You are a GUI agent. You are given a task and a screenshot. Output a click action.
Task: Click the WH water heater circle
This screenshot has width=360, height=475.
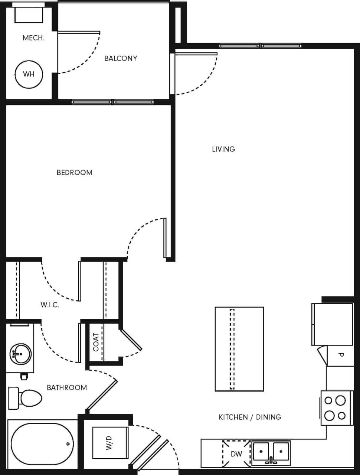point(29,74)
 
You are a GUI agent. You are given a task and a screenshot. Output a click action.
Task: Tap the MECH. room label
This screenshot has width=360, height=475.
point(33,38)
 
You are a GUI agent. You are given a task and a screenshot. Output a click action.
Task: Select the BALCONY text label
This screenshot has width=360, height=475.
point(121,58)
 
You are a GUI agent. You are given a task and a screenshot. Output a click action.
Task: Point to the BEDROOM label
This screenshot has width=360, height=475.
point(74,173)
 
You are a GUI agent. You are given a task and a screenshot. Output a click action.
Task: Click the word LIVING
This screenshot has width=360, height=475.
point(223,149)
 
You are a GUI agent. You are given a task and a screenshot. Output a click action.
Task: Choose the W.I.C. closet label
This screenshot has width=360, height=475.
point(50,305)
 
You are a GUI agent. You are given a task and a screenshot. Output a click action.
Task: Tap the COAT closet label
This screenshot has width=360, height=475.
point(96,342)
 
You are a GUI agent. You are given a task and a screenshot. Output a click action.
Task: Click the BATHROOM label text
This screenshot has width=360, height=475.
point(67,387)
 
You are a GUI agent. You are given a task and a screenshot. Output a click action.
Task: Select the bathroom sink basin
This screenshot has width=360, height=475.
point(20,354)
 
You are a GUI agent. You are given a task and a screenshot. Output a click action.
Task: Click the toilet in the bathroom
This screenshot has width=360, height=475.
point(27,397)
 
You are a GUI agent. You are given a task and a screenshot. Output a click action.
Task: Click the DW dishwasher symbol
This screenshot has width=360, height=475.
point(236,453)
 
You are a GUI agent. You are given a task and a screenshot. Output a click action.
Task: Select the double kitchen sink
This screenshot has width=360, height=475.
point(271,453)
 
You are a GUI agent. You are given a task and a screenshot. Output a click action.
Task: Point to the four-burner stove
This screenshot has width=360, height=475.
point(336,408)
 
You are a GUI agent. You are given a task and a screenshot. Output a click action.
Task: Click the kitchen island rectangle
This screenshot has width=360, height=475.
point(239,349)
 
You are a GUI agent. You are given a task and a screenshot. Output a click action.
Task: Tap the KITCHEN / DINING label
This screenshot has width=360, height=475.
point(250,417)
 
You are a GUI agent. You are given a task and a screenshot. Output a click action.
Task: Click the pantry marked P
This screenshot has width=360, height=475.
point(340,355)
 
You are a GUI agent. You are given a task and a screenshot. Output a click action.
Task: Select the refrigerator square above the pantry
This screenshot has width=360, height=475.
point(332,324)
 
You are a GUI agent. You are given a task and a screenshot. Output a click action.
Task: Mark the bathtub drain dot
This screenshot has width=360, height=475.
point(68,444)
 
